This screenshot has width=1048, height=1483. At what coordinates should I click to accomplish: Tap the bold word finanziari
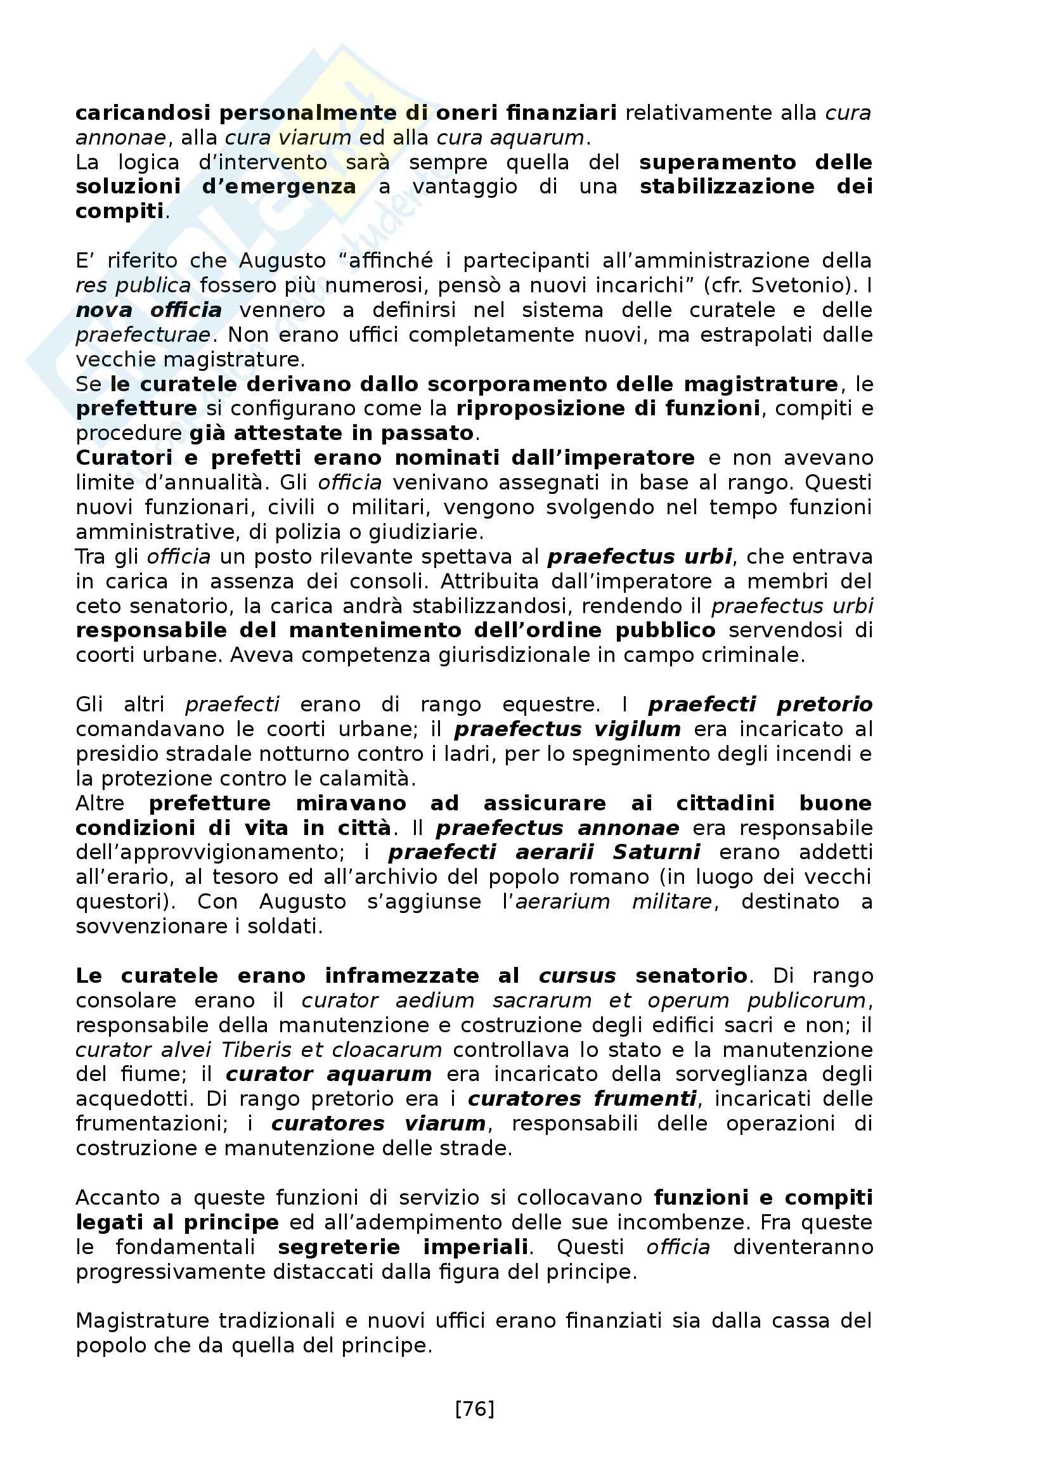click(561, 113)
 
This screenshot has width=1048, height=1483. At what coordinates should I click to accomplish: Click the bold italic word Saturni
click(656, 853)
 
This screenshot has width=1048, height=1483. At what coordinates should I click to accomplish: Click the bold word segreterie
click(339, 1247)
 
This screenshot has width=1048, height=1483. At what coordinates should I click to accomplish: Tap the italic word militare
click(671, 902)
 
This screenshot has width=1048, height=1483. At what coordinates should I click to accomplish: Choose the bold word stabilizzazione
click(727, 186)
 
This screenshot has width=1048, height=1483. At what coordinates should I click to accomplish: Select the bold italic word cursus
click(578, 975)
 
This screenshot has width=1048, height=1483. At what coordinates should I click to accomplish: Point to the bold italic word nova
click(103, 310)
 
